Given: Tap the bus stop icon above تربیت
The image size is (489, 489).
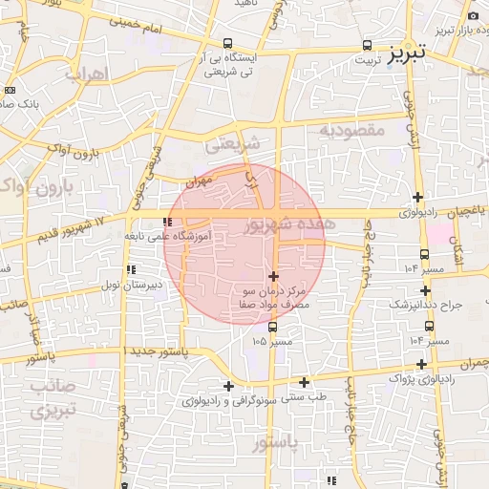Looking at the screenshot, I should tap(368, 45).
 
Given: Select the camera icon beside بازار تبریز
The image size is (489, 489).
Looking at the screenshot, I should tap(474, 15).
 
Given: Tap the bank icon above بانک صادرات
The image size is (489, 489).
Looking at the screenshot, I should tap(10, 90).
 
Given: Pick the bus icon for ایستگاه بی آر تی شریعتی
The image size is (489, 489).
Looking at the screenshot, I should tap(227, 43).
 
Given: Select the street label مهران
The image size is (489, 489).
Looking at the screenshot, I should tap(197, 179).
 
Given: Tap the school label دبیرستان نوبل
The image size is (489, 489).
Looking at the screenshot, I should tap(132, 285).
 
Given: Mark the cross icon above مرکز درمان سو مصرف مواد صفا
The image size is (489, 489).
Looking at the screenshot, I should tap(274, 275).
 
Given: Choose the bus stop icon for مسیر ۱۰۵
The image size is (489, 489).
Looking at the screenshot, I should tap(273, 326).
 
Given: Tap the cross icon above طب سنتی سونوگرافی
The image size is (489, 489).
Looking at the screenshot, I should tap(304, 381).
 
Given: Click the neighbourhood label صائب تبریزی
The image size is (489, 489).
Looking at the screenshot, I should tap(44, 398).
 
